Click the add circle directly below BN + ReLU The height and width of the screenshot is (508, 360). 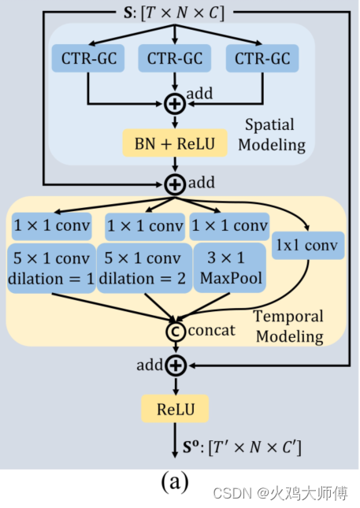coord(174,184)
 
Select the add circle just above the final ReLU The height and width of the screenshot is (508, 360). coord(174,365)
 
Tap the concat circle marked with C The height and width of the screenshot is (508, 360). coord(174,331)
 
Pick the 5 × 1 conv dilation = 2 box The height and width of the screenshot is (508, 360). coord(143,268)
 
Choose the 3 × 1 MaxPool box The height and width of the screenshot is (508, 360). coord(228,268)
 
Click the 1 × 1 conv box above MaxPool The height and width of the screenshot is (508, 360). coord(228,227)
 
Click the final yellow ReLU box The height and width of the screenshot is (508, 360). coord(174,409)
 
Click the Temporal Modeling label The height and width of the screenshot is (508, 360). coord(288,327)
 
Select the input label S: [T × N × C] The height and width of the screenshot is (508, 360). coord(174,13)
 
